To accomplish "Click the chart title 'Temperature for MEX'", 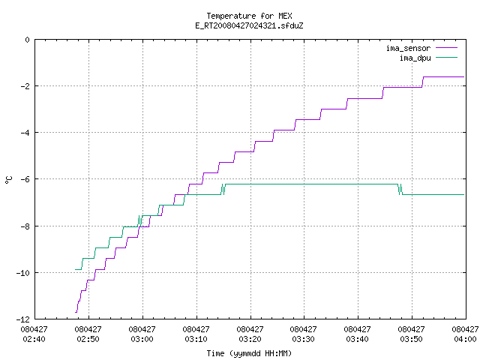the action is click(249, 16).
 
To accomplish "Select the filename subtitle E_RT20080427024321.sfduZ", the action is click(249, 25).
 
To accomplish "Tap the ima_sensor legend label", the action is click(408, 48).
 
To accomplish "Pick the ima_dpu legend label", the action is click(415, 58).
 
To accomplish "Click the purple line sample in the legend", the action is click(447, 48).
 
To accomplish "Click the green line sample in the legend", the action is click(447, 57).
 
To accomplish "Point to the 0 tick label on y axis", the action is click(28, 40).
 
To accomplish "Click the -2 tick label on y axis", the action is click(25, 86).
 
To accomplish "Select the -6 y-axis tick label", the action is click(25, 179).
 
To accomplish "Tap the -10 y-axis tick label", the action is click(23, 273).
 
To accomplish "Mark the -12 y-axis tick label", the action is click(23, 319).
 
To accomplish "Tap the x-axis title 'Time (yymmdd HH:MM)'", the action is click(249, 353).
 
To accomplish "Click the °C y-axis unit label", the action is click(8, 180).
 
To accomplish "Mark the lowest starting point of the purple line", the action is click(75, 312).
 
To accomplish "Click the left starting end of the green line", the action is click(75, 269).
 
